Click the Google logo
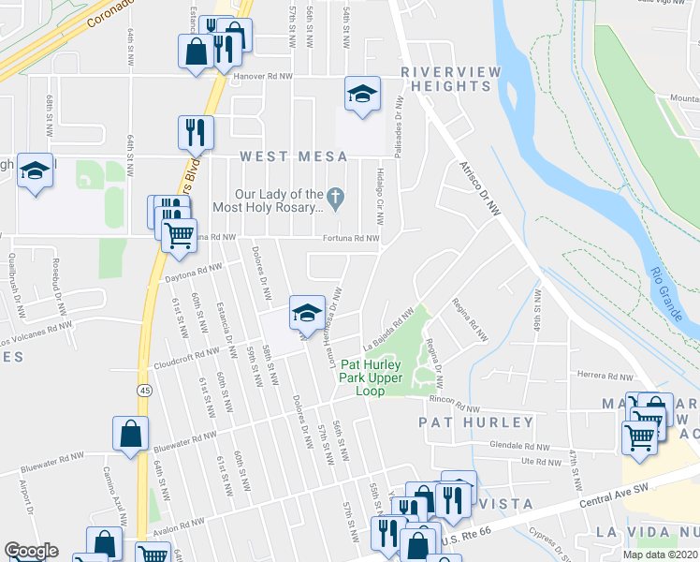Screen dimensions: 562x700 click(x=32, y=551)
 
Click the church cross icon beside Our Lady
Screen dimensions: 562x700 click(x=338, y=197)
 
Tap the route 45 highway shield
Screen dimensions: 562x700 click(x=144, y=389)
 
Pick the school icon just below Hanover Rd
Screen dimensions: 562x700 click(x=362, y=94)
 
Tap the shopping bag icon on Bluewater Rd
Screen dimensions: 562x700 click(x=130, y=433)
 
